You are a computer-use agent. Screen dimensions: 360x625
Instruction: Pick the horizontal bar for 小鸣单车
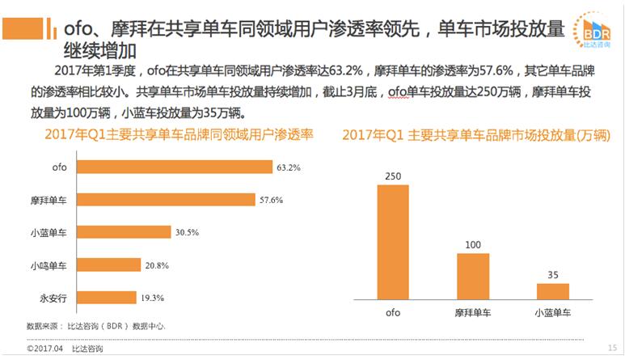point(99,265)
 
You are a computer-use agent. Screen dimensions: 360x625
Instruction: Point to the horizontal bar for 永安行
point(96,297)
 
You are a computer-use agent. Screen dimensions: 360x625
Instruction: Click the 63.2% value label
point(288,167)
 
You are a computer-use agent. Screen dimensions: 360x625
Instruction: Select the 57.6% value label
point(276,200)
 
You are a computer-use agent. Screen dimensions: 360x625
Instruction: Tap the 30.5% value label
point(187,232)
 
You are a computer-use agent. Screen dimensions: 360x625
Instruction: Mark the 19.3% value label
point(153,298)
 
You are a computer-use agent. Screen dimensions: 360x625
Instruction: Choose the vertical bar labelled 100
point(473,276)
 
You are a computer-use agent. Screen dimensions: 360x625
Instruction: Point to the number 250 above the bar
point(394,176)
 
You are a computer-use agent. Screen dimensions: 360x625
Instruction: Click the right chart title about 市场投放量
point(475,135)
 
